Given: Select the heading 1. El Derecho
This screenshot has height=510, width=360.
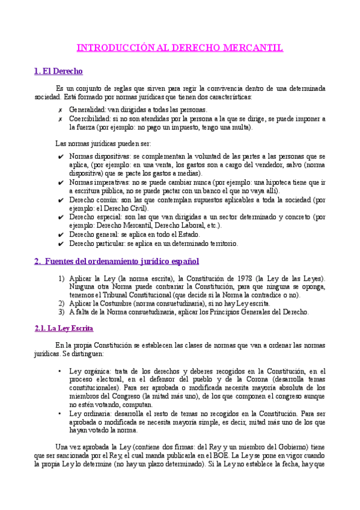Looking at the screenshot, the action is pyautogui.click(x=58, y=72).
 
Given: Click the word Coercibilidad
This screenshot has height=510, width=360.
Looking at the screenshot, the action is pyautogui.click(x=89, y=119).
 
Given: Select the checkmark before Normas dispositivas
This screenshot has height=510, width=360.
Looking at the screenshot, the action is pyautogui.click(x=61, y=156).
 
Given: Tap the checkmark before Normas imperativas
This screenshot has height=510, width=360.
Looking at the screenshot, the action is pyautogui.click(x=61, y=182).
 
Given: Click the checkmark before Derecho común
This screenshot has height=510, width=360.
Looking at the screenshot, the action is pyautogui.click(x=61, y=200).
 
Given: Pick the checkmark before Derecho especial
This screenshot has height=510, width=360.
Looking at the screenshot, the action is pyautogui.click(x=61, y=217).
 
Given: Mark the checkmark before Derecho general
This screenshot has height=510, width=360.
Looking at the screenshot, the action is pyautogui.click(x=61, y=235).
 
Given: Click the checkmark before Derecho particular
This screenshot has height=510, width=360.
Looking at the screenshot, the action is pyautogui.click(x=61, y=244).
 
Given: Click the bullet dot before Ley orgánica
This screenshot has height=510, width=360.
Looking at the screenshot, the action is pyautogui.click(x=59, y=372).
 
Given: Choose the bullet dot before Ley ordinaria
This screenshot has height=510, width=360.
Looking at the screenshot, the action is pyautogui.click(x=59, y=414).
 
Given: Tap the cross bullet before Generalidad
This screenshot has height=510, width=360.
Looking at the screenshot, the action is pyautogui.click(x=60, y=110).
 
